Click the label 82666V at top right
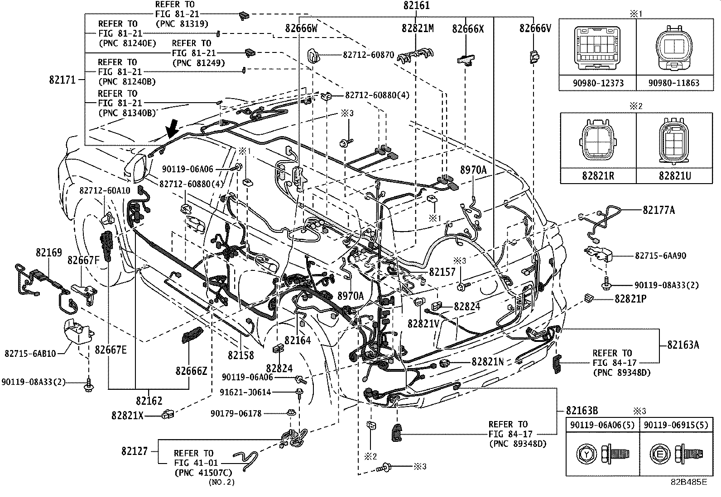click(535, 28)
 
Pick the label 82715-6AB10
click(30, 353)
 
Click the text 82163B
click(582, 411)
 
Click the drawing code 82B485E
click(688, 482)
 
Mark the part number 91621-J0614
click(246, 392)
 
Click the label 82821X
click(127, 415)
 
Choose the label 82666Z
click(191, 371)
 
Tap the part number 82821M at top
click(417, 28)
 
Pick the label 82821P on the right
click(630, 299)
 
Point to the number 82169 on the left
click(49, 252)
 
